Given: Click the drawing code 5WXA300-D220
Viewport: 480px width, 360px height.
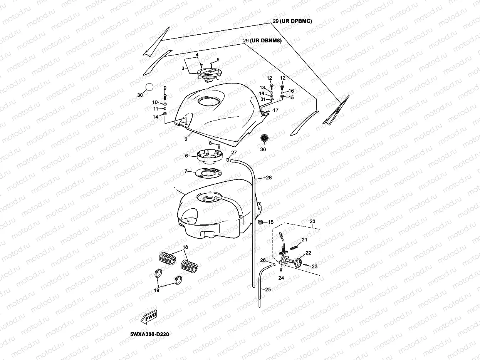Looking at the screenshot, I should pos(149,334).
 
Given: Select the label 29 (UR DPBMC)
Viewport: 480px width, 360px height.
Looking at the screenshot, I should pos(292,22).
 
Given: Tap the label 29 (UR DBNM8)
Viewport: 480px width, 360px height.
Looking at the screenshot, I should pos(263,40).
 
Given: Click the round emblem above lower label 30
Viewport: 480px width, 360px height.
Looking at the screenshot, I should pos(264,139).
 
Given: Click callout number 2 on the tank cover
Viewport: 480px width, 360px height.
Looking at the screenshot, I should pos(186,139).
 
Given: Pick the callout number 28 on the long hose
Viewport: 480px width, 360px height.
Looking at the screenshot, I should pos(269,177).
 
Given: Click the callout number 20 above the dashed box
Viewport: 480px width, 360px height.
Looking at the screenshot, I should pos(312,221).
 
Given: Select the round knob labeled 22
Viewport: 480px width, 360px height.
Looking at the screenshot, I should pos(299,263).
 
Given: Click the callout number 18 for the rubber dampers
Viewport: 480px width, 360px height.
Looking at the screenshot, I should pos(185,247).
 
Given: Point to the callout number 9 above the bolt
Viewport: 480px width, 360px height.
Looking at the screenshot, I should pos(165,88).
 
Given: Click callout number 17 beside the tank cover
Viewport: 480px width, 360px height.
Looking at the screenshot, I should pos(275,111).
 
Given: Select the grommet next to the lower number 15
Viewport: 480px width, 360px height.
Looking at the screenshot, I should pos(260,222).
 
